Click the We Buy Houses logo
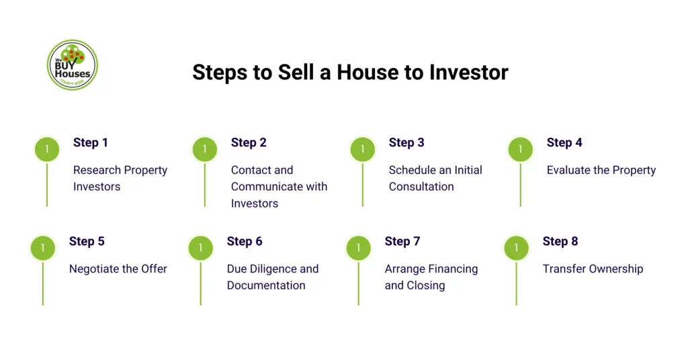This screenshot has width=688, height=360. point(73,65)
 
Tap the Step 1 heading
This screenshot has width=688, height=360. point(91,142)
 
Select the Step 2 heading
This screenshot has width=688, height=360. point(249,142)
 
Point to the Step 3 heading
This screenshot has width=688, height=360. point(406,142)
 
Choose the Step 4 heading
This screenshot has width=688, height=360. point(564,142)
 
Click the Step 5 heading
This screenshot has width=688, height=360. point(87,241)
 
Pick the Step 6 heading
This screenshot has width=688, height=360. point(245,241)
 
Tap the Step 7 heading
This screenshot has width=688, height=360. point(402,241)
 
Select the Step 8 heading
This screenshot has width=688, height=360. point(560,241)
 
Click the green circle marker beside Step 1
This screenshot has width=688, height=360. point(47,149)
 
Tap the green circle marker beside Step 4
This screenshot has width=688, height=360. point(520,149)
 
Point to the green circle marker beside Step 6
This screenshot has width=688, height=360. point(200,248)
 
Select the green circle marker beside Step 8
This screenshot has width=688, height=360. point(516,248)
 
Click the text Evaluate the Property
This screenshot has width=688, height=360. point(601,170)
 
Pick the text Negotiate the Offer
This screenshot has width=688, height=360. point(118,269)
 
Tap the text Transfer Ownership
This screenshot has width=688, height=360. point(593,269)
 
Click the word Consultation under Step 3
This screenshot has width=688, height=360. point(421,187)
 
